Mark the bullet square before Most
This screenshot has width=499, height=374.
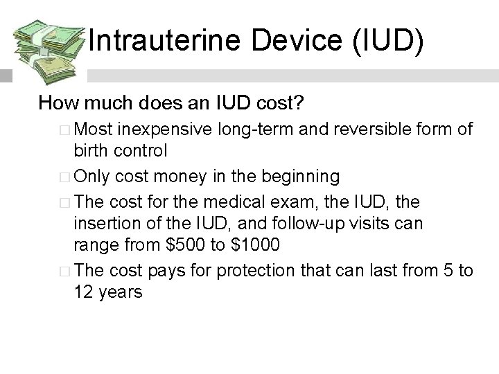[64, 130]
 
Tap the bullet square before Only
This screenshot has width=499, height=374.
[64, 177]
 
